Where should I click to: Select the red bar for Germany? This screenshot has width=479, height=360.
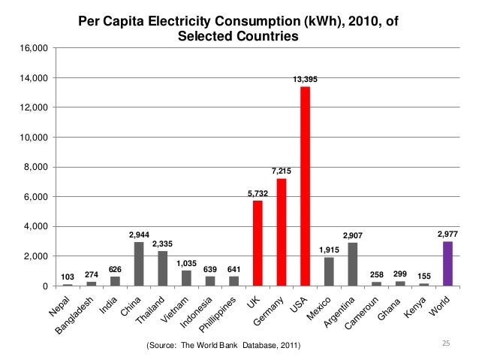click(x=282, y=232)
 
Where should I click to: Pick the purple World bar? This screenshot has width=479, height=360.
click(x=447, y=264)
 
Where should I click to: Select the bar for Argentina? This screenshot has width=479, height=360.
click(x=352, y=264)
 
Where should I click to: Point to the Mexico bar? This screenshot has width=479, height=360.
click(x=329, y=271)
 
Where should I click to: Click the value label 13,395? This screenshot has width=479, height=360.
click(x=305, y=79)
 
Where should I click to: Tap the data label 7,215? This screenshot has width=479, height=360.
click(x=282, y=171)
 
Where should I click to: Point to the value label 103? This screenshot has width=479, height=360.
click(x=68, y=277)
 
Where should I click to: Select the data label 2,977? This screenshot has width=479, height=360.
click(x=447, y=234)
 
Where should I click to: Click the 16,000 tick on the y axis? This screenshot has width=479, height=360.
click(x=34, y=48)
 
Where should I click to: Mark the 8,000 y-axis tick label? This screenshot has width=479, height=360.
click(x=36, y=167)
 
